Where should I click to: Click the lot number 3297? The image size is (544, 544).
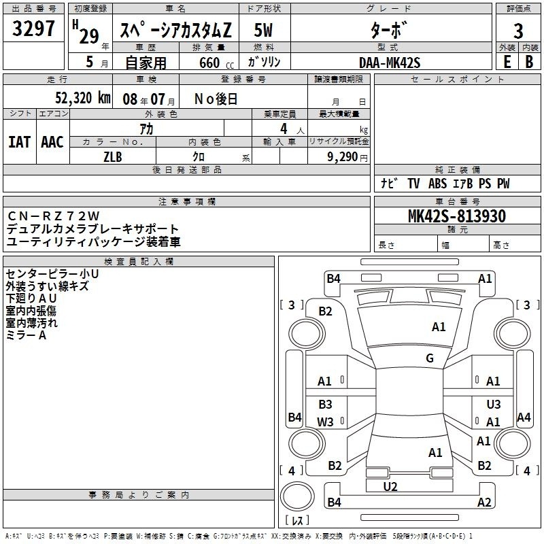33,29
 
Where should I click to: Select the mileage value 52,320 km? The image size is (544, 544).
82,98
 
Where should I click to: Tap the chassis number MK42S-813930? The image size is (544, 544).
457,216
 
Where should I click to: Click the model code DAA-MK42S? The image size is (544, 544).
390,63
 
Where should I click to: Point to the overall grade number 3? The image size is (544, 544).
518,31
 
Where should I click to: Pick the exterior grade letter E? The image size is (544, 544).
507,62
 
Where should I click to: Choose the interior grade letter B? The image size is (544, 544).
529,62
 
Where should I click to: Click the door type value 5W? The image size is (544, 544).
263,30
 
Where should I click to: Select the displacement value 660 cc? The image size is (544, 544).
216,63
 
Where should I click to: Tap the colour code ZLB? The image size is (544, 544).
113,157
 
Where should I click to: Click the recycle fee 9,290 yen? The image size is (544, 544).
347,157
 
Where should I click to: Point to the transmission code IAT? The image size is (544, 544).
20,142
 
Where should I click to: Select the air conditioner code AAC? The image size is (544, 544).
52,142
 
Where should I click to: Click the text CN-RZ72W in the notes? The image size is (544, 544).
54,216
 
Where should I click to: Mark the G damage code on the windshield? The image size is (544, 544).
430,358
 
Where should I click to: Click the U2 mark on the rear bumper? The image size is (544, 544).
390,487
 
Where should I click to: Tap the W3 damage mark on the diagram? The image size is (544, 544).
325,422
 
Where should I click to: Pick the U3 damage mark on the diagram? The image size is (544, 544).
494,404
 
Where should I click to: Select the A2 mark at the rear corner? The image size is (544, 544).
484,502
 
